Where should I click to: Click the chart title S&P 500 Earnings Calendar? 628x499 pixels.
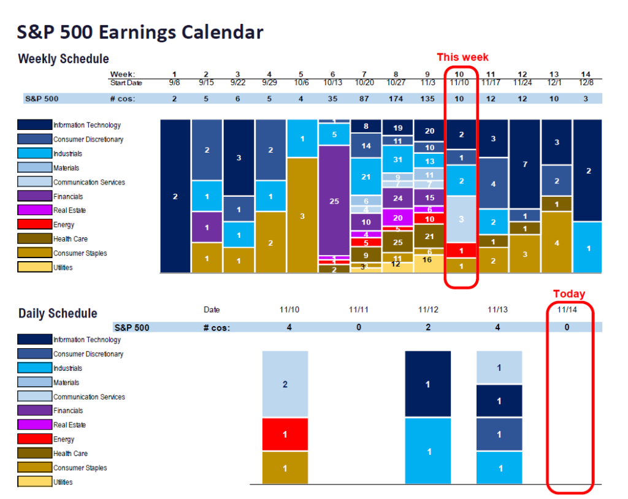[x=140, y=32]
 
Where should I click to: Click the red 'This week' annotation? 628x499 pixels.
[x=462, y=57]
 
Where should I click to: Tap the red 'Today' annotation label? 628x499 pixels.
[x=569, y=294]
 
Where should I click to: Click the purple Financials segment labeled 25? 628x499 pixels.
[x=334, y=200]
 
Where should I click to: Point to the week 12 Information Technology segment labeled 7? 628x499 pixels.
[x=525, y=164]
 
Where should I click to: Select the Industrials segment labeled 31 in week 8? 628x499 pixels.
[x=397, y=159]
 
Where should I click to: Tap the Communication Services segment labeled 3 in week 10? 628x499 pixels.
[x=461, y=219]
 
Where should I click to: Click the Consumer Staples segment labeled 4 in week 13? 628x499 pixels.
[x=557, y=243]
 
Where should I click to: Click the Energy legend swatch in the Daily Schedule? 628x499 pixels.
[x=34, y=439]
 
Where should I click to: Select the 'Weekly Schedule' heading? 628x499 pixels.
[x=64, y=59]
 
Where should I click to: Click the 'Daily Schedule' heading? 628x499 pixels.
[x=58, y=313]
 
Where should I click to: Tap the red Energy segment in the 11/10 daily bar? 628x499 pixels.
[x=285, y=435]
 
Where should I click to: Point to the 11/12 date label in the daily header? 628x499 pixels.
[x=427, y=310]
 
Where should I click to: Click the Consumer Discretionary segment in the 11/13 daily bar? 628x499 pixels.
[x=499, y=435]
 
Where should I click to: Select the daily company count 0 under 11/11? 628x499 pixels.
[x=359, y=327]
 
